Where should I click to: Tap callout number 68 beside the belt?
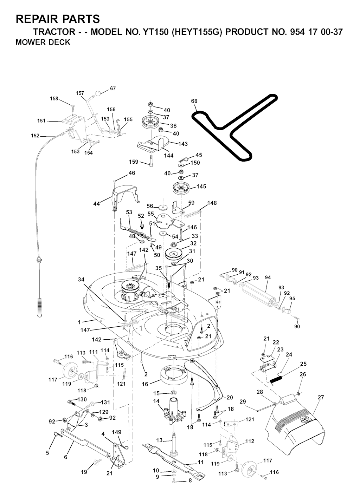tap(194, 101)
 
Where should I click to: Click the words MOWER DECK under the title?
tap(43, 42)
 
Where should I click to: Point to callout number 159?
tap(134, 162)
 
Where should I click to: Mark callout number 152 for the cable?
tap(35, 135)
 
